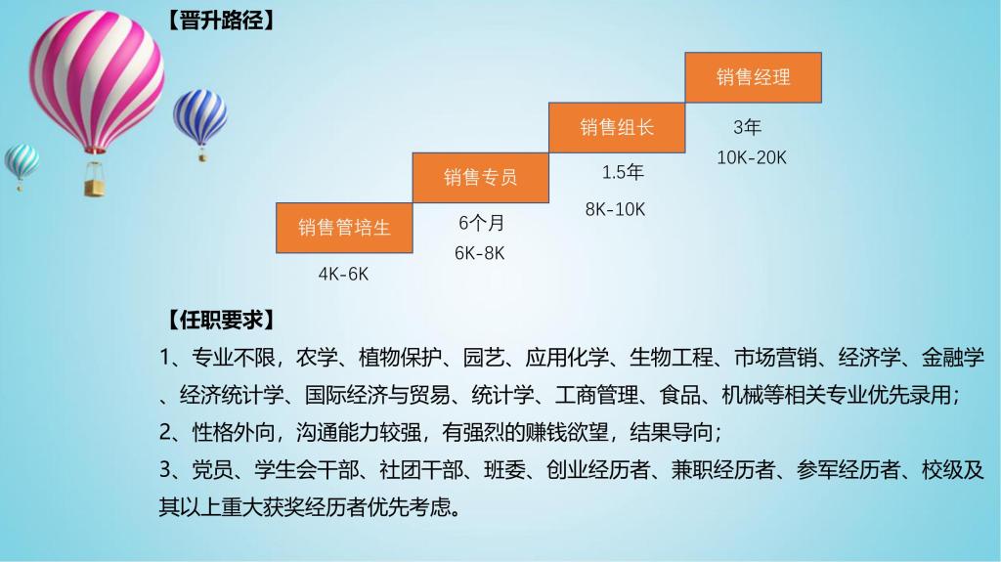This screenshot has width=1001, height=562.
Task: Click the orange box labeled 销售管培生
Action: pos(344,228)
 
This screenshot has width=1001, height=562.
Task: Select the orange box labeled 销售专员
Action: pos(481,178)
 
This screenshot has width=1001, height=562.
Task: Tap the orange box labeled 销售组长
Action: pos(617,128)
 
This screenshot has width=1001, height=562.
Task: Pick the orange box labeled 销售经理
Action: pos(754,77)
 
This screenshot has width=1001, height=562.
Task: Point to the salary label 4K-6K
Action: pos(343,274)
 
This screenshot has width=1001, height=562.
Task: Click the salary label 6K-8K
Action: pos(479,253)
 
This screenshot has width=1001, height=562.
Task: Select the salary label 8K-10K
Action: pos(616,209)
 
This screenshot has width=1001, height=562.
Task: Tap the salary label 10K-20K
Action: pos(752,157)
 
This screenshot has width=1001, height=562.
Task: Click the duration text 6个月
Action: pos(481,223)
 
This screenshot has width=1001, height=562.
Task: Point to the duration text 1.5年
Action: pos(623,172)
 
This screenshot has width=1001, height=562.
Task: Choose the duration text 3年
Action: pos(747,127)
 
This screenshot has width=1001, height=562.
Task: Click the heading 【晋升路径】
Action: pos(221,21)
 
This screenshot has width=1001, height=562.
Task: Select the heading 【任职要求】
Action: pos(221,320)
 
